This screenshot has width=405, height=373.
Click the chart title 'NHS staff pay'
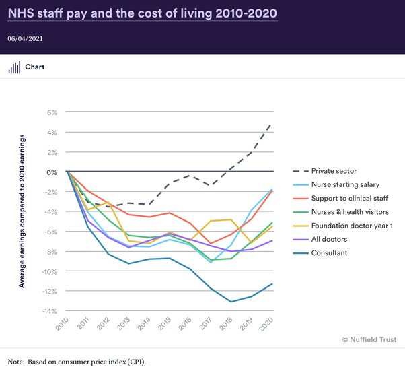[x=141, y=13]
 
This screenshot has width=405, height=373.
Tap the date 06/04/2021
[x=26, y=38]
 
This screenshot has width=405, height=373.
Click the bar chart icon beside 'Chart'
[x=13, y=68]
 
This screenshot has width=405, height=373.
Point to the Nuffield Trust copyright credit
[x=369, y=339]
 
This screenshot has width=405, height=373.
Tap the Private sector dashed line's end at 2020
[x=272, y=124]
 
